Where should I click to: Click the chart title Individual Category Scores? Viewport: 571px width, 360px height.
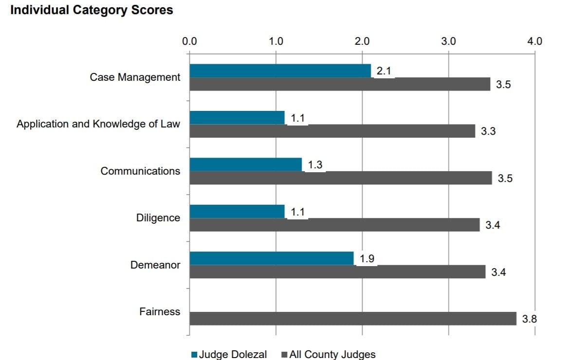[92, 10]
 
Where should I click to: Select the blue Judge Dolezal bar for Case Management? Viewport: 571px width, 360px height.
[280, 71]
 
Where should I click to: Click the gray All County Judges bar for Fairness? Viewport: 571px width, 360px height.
[352, 319]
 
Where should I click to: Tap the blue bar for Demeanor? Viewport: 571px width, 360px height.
[271, 258]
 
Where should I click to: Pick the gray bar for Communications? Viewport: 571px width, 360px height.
[340, 178]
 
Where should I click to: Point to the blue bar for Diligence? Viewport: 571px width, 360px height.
[237, 212]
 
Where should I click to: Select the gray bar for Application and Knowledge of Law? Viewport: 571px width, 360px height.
[332, 131]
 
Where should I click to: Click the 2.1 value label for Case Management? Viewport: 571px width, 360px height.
[384, 71]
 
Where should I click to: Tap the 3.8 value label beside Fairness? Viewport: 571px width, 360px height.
[530, 319]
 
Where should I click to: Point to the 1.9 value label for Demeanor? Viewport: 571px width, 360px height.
[367, 259]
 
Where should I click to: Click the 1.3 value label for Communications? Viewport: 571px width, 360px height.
[315, 165]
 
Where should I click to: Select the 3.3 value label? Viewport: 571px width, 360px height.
[488, 131]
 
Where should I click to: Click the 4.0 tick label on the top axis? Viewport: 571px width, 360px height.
[534, 41]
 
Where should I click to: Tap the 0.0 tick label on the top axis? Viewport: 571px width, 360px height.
[189, 41]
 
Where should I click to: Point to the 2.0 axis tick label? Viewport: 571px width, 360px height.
[362, 41]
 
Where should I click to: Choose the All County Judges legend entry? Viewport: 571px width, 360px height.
[332, 354]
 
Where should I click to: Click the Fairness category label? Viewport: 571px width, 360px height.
[160, 312]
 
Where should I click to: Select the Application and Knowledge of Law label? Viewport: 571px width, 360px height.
[98, 124]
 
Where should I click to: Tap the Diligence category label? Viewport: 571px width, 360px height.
[158, 218]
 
